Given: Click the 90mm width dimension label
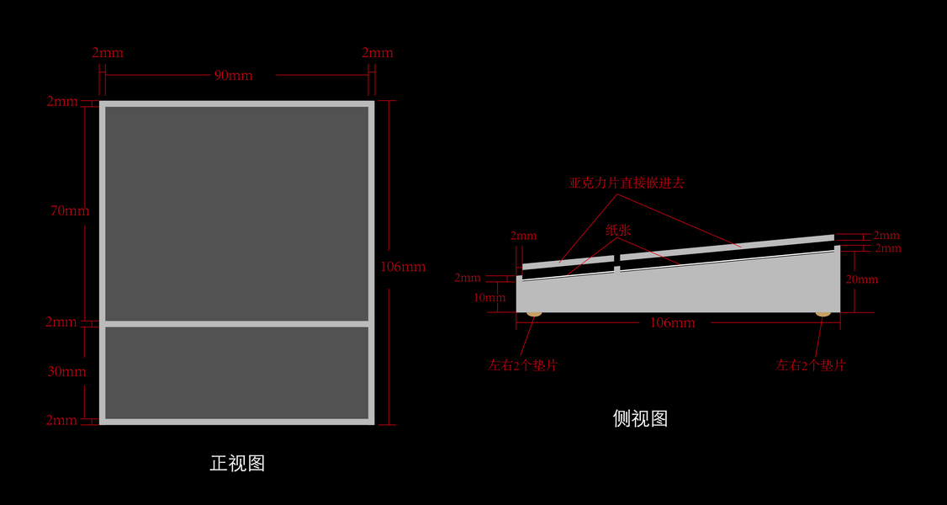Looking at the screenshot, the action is coord(233,76).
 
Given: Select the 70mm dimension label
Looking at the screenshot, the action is coord(69,210).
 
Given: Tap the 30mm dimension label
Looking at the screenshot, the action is coord(66,371).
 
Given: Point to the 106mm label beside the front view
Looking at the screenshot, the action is coord(403,267).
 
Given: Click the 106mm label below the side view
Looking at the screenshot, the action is coord(672,322).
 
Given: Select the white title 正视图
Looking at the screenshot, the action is coord(237,463).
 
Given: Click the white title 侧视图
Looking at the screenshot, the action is coord(640,418).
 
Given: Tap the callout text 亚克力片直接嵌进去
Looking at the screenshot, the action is coord(627,183).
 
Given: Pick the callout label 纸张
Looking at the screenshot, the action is coord(618,230).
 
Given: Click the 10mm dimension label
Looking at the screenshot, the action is coord(489,297).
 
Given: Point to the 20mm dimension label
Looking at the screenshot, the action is coord(862,279).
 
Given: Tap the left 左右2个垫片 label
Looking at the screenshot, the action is coord(523,366).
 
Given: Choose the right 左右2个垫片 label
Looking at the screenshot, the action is coord(810,366).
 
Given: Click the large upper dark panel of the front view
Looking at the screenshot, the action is coord(236,213).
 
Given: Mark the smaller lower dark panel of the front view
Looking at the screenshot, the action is coord(236,372).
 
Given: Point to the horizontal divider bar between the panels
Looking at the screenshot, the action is coord(236,323).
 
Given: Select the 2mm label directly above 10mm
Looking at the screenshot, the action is coord(468,278).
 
